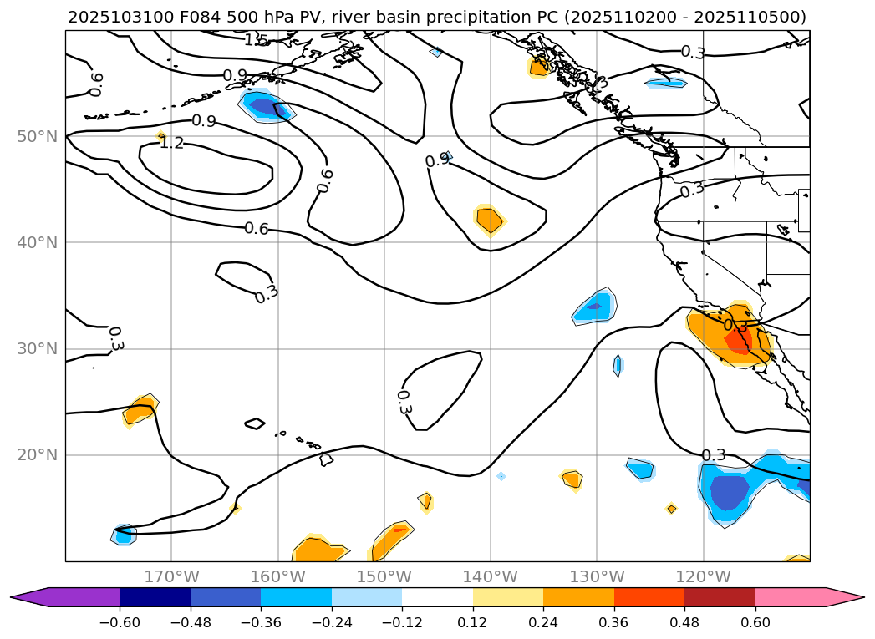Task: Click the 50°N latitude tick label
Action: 36,136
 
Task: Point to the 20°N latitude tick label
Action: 36,455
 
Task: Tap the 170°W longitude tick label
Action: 171,576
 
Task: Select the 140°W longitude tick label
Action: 490,576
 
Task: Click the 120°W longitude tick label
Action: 703,576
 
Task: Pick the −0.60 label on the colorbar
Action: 120,621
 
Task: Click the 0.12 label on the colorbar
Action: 473,621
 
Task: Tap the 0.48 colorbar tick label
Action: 684,621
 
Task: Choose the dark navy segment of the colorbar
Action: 155,597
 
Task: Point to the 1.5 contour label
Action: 256,40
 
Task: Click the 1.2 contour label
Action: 171,144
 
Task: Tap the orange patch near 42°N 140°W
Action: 489,219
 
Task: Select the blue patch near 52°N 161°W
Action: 265,106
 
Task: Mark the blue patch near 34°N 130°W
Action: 595,306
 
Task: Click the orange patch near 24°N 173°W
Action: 140,410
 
